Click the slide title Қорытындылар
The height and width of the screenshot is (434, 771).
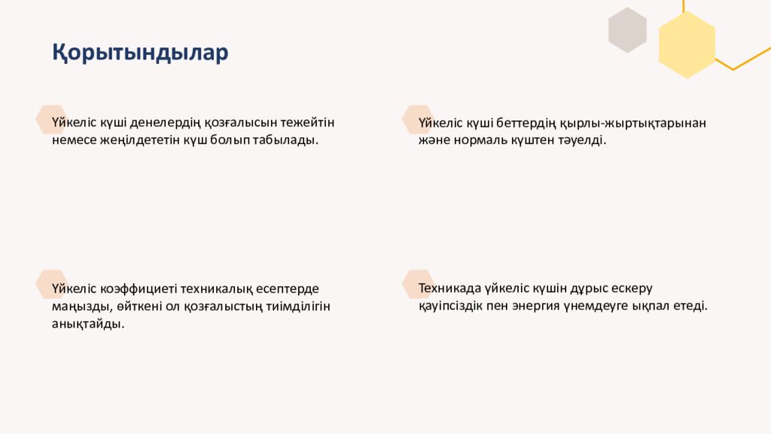coord(140,53)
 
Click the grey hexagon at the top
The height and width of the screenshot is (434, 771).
coord(627,30)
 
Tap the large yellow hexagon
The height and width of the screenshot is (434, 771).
coord(687,44)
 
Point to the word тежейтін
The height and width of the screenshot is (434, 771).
coord(308,122)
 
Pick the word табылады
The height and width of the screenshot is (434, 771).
coord(290,140)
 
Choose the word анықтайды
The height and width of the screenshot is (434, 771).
coord(88,324)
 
